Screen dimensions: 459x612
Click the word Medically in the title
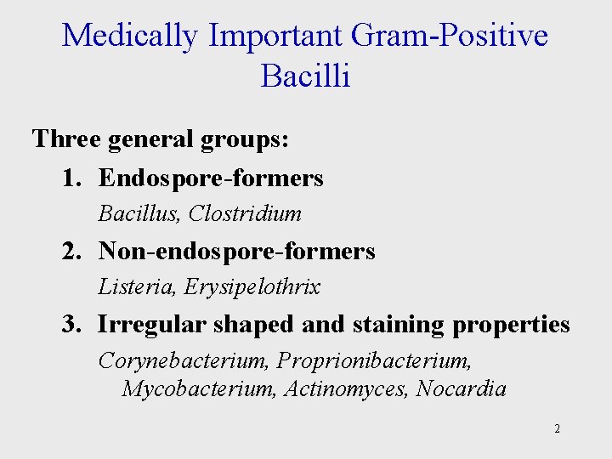tap(130, 36)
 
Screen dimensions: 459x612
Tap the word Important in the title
tap(275, 36)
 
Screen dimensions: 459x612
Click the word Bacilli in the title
tap(306, 76)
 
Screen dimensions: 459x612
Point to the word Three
tap(66, 139)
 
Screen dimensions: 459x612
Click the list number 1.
tap(70, 178)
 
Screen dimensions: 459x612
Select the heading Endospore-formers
tap(211, 178)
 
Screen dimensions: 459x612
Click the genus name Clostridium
tap(245, 213)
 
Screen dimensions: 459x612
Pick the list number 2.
tap(70, 251)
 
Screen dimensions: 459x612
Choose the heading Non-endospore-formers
tap(236, 251)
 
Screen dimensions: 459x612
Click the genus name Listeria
tap(133, 287)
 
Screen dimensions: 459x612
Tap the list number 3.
tap(70, 325)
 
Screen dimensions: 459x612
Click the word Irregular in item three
tap(152, 325)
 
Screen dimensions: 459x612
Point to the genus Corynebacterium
tap(184, 360)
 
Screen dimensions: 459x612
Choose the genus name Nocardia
tap(461, 389)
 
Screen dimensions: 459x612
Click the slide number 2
tap(557, 428)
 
